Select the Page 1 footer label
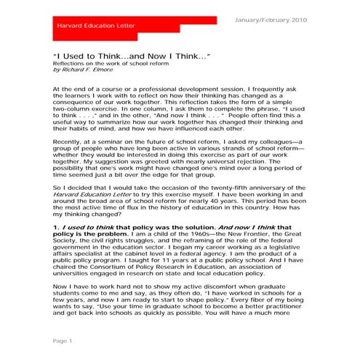click(x=63, y=340)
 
